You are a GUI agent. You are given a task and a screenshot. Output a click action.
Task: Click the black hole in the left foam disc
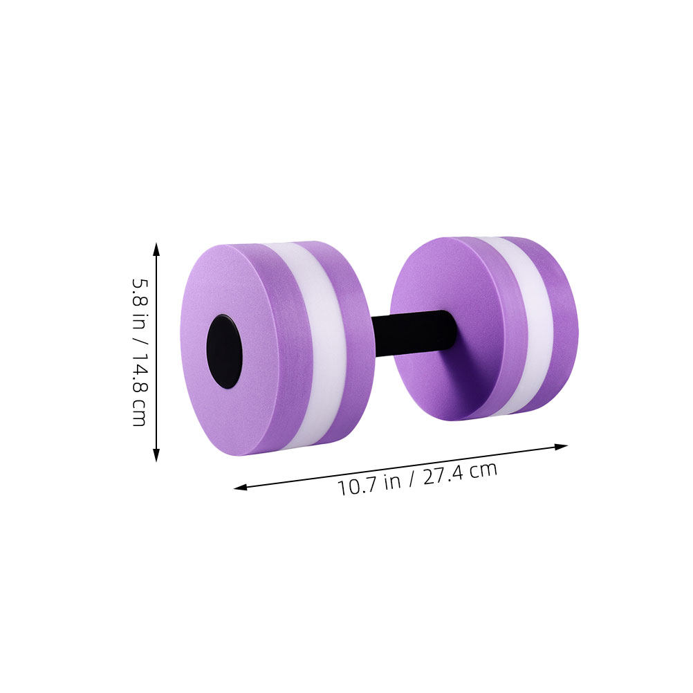click(225, 351)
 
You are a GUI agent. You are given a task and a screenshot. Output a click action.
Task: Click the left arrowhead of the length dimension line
click(241, 488)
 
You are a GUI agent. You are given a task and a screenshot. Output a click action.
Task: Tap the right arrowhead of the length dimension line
click(561, 447)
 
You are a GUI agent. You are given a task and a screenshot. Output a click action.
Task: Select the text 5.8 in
click(140, 304)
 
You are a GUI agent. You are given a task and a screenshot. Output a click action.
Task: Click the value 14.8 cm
click(140, 389)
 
